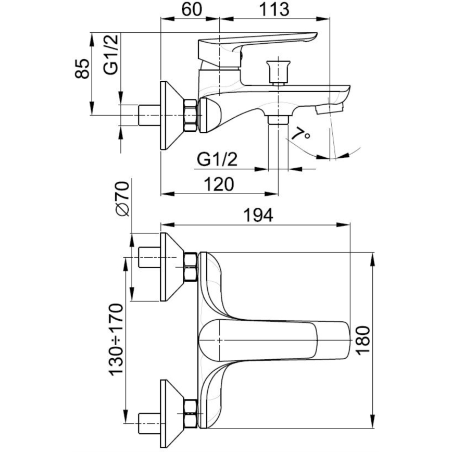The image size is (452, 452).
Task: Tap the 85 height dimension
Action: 82,68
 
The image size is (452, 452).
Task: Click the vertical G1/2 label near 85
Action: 111,54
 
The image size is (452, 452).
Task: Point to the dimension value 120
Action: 218,184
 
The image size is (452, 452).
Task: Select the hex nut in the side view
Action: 191,114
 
